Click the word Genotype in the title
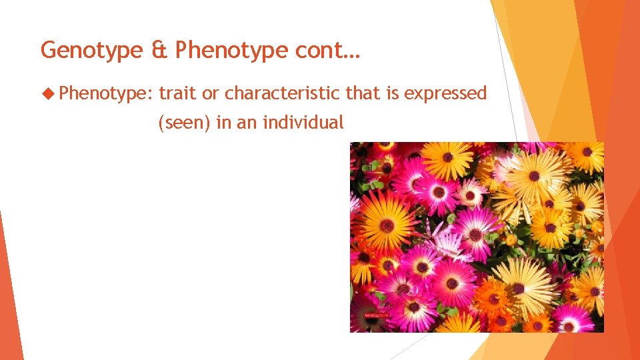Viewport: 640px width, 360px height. [x=91, y=51]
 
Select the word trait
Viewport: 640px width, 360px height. [x=178, y=93]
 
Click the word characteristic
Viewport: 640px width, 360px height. [x=283, y=93]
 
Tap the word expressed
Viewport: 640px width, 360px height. [x=450, y=94]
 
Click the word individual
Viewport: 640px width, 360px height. [x=304, y=122]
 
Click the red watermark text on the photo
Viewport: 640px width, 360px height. [x=376, y=313]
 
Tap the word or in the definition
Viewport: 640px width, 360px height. [x=211, y=94]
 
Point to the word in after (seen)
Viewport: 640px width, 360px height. [x=222, y=122]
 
